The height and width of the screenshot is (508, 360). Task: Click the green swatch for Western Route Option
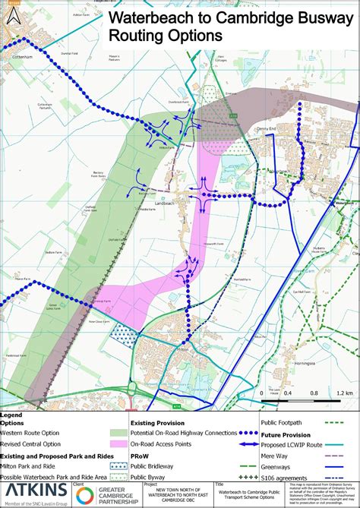click(x=118, y=433)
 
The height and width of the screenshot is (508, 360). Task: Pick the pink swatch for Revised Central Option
click(x=118, y=443)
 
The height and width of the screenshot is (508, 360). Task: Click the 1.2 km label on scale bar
click(x=343, y=393)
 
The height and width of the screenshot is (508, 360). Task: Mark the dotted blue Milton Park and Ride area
click(x=124, y=332)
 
